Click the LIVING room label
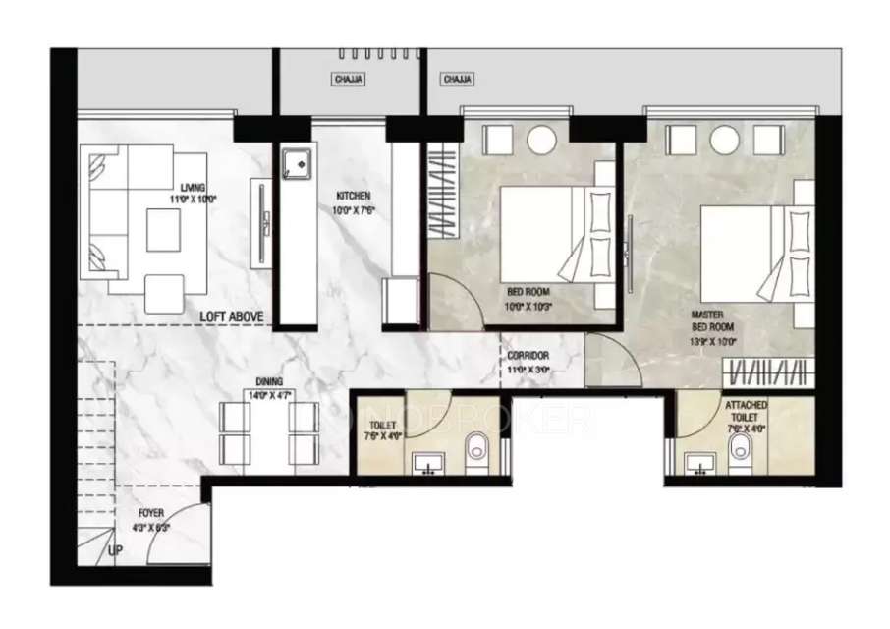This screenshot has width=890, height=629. [x=194, y=187]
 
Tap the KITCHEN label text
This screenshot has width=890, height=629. [x=353, y=197]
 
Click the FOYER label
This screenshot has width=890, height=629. [x=151, y=513]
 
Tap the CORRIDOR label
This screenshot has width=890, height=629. [x=528, y=356]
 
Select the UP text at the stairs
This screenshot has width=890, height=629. [x=116, y=550]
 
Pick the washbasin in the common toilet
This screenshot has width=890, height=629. [x=426, y=462]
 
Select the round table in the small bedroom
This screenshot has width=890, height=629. [x=541, y=140]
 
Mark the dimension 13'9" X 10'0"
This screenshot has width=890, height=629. [x=713, y=342]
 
